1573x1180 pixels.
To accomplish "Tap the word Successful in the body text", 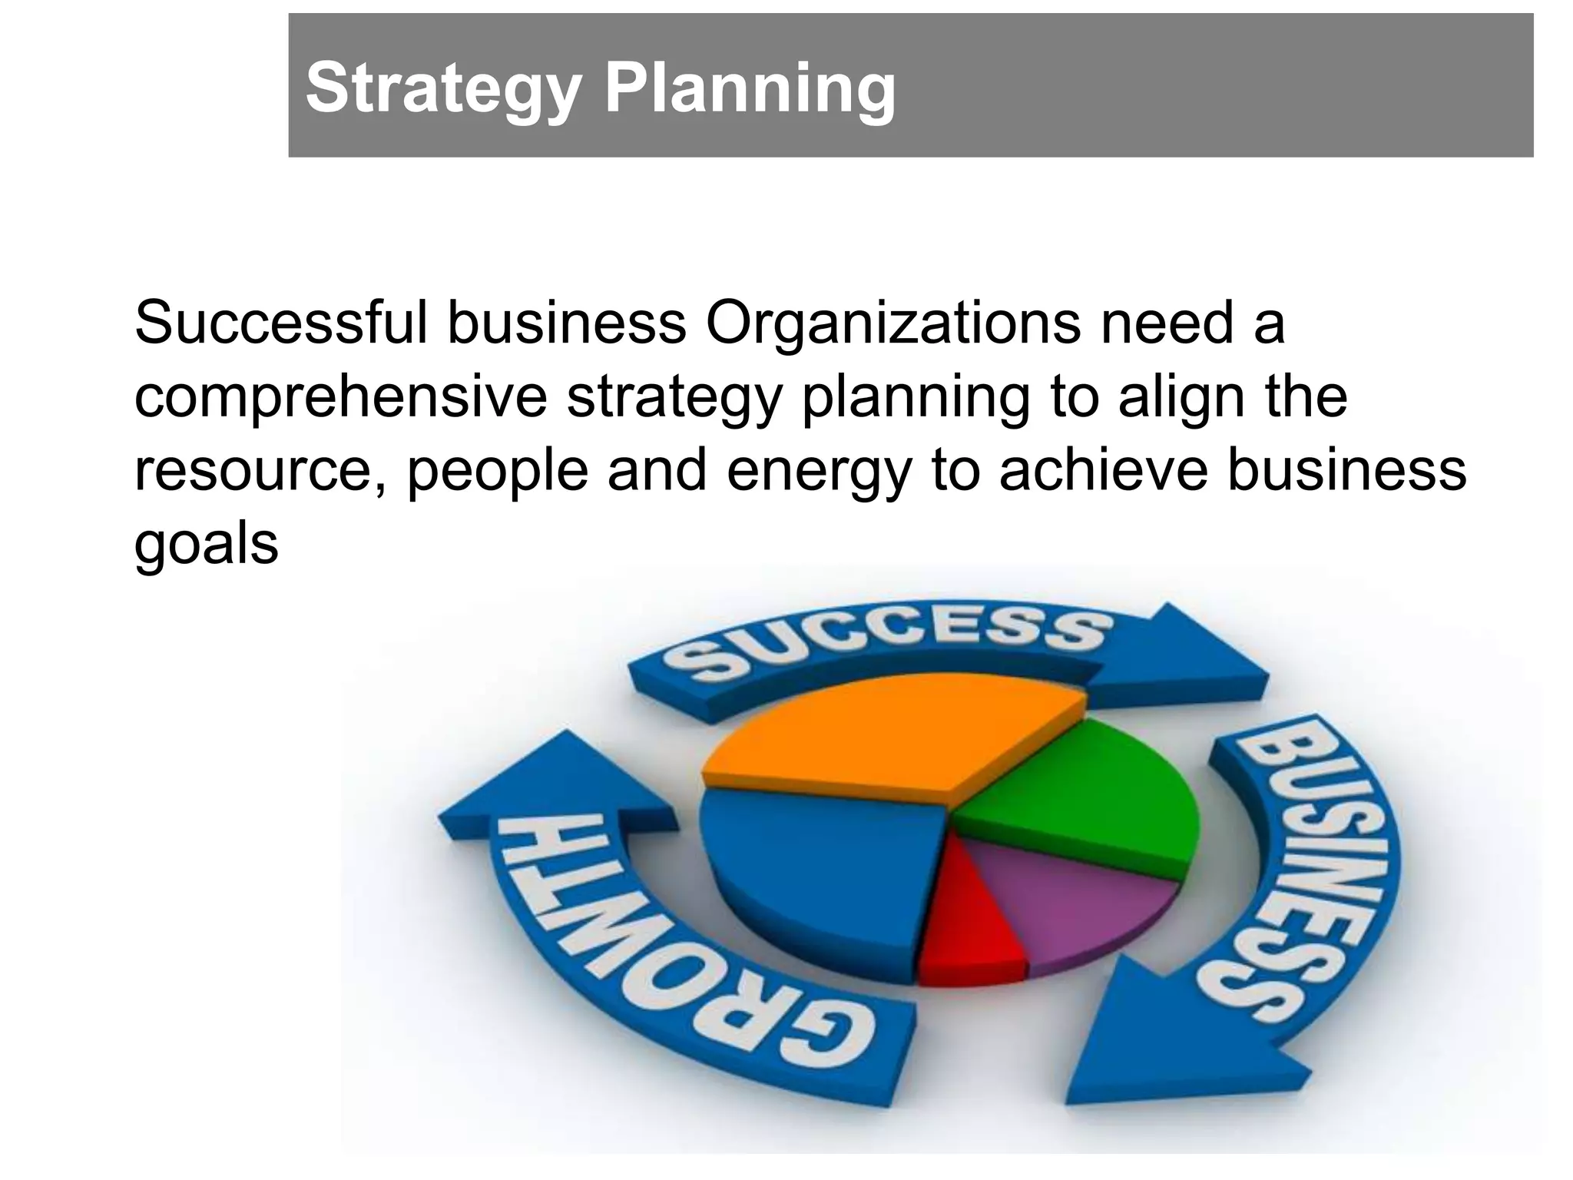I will point(280,323).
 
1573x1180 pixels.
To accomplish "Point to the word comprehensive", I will point(340,398).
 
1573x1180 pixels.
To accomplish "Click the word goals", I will point(206,545).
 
